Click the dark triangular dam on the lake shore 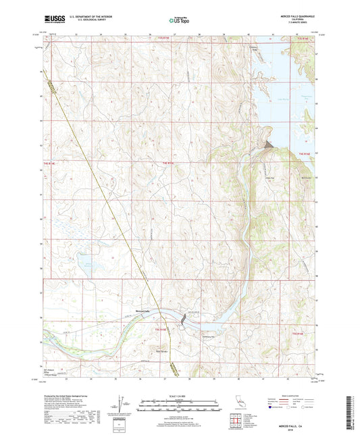click(269, 145)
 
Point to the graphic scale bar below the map click(180, 407)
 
